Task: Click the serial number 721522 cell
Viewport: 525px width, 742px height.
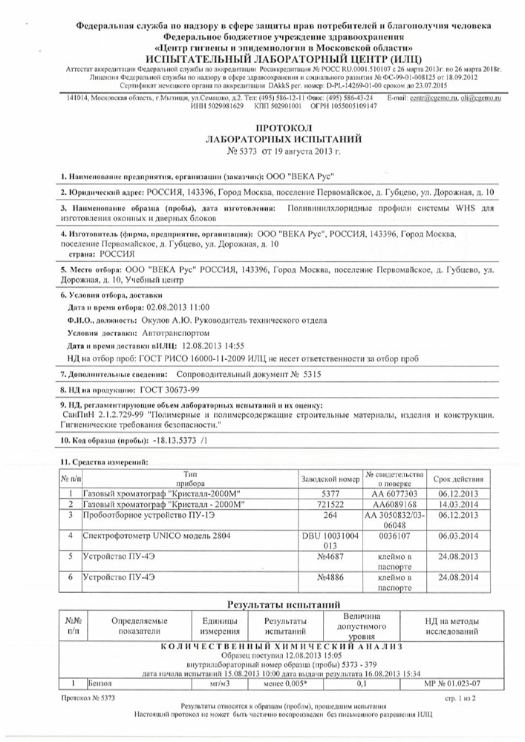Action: (x=330, y=503)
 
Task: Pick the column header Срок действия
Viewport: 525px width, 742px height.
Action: (x=461, y=477)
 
